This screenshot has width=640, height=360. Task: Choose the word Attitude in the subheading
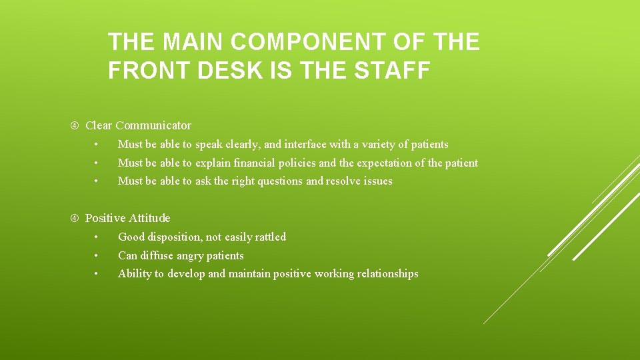click(149, 218)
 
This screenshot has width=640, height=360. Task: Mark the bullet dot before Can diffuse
click(97, 256)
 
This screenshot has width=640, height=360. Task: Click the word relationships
click(387, 273)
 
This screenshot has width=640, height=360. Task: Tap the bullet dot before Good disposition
click(97, 237)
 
